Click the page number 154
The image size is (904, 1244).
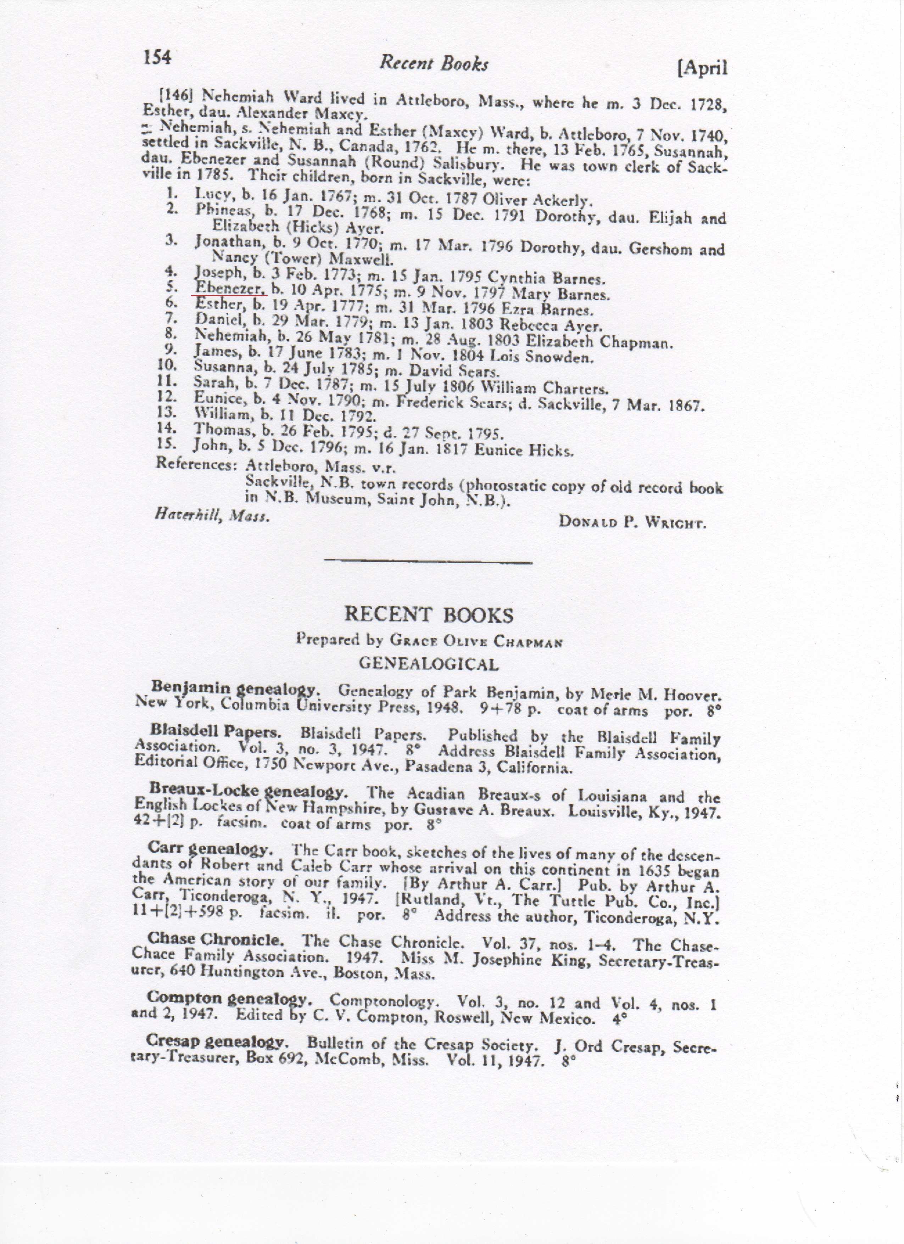click(157, 57)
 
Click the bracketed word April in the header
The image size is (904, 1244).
click(703, 68)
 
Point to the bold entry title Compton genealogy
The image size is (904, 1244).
click(230, 998)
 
